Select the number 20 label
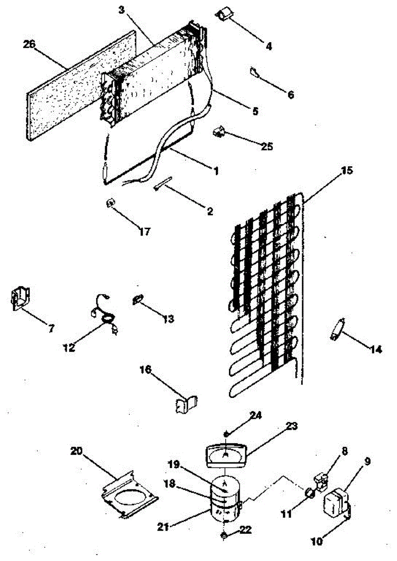(x=77, y=451)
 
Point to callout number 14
(x=376, y=349)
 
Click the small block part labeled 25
(x=217, y=132)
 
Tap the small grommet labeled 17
(x=111, y=203)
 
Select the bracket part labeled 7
(x=21, y=298)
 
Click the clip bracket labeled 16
(x=186, y=403)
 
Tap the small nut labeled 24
(x=226, y=434)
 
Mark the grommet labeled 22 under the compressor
(x=225, y=534)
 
